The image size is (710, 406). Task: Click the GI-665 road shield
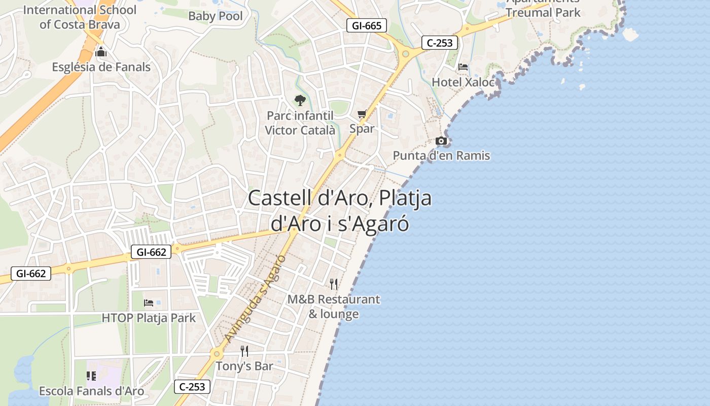[367, 25]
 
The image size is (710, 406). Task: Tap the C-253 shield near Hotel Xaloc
[440, 43]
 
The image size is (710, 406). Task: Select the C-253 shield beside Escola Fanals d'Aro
[192, 387]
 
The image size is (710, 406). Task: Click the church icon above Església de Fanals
[101, 52]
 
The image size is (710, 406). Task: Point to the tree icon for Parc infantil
[300, 100]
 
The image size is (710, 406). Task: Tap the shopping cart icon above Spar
[362, 114]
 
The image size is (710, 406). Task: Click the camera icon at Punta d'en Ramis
[441, 141]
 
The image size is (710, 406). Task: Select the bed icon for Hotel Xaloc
[463, 67]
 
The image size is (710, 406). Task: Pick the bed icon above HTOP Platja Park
[149, 303]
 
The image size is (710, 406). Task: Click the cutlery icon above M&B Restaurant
[333, 284]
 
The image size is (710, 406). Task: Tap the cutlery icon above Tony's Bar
[244, 351]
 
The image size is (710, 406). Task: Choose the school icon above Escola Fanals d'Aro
[91, 376]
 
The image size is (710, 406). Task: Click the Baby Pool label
[216, 16]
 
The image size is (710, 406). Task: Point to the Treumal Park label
[543, 12]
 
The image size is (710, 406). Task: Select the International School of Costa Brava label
[80, 17]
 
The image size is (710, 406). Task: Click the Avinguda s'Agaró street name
[255, 298]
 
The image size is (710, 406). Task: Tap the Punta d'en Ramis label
[441, 155]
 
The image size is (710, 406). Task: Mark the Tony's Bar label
[244, 366]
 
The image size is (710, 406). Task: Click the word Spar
[362, 128]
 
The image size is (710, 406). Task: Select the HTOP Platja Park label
[149, 318]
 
